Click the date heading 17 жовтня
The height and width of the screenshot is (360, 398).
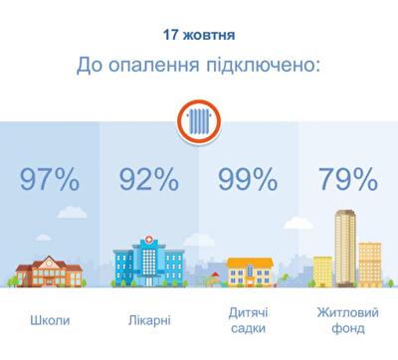(198, 37)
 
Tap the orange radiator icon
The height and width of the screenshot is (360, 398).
(198, 123)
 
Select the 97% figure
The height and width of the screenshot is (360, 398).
(49, 180)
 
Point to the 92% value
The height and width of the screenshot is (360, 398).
(148, 180)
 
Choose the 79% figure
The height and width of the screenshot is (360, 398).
(347, 180)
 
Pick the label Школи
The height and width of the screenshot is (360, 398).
(49, 320)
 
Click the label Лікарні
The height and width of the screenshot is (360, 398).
(148, 320)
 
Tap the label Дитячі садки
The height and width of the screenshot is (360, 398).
(248, 320)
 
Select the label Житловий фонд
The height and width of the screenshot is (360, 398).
(347, 320)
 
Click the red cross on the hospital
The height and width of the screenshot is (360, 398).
(149, 240)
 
